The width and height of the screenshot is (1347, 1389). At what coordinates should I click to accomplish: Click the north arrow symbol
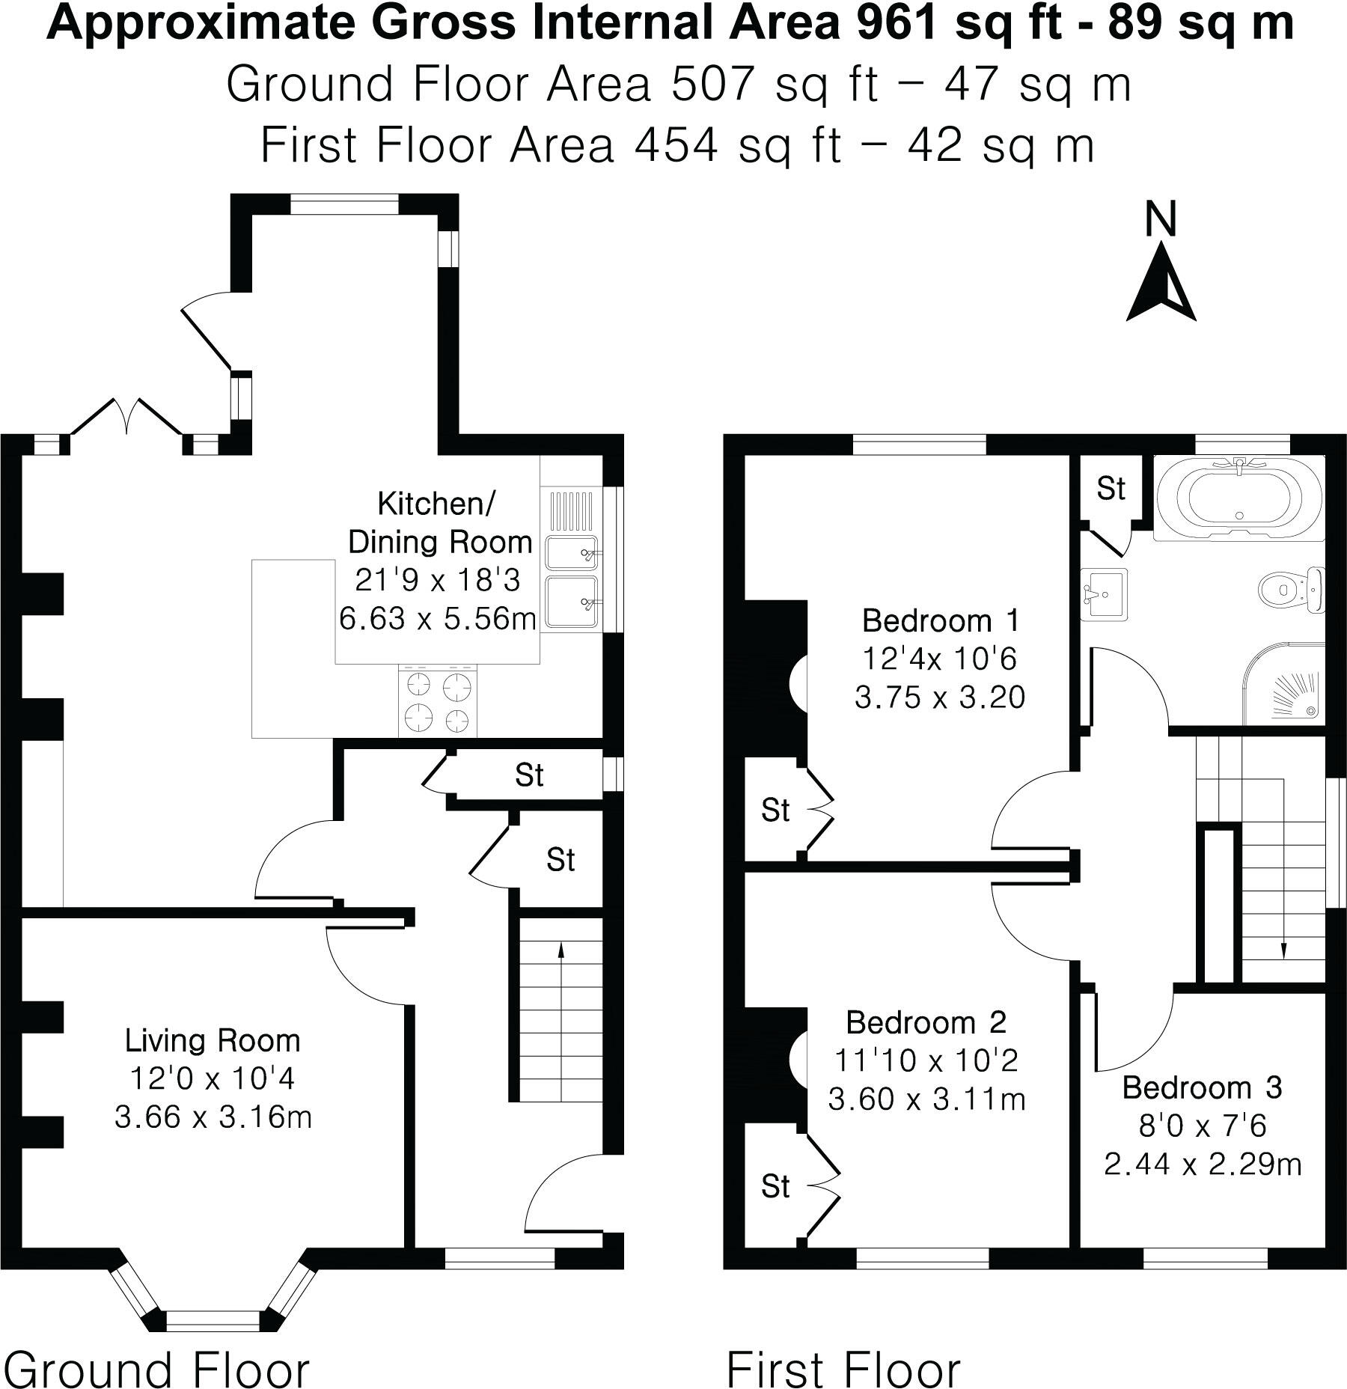1161,287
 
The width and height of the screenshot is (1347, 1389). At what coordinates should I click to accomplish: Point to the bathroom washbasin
1104,593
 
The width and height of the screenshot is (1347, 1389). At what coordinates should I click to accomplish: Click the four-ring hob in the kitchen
439,701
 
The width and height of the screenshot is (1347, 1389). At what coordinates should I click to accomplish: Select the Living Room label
213,1040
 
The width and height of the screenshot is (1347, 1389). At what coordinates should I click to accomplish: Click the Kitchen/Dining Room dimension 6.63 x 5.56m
437,619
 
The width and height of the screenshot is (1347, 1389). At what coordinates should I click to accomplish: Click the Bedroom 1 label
940,620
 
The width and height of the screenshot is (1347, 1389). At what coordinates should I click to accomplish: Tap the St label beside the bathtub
1111,489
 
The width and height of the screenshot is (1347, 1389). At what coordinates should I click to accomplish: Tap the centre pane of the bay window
213,1321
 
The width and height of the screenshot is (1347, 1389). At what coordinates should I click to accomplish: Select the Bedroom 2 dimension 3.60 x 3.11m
926,1099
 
